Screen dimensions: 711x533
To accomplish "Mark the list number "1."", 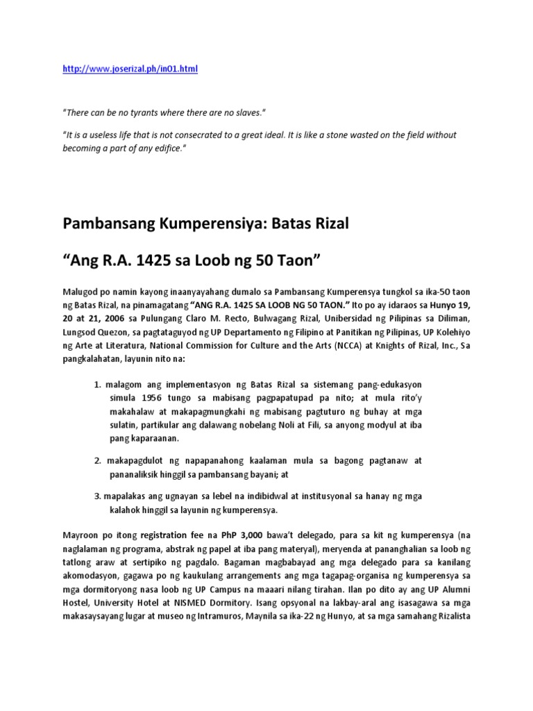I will point(98,385).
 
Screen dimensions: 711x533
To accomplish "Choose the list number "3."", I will point(98,496).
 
